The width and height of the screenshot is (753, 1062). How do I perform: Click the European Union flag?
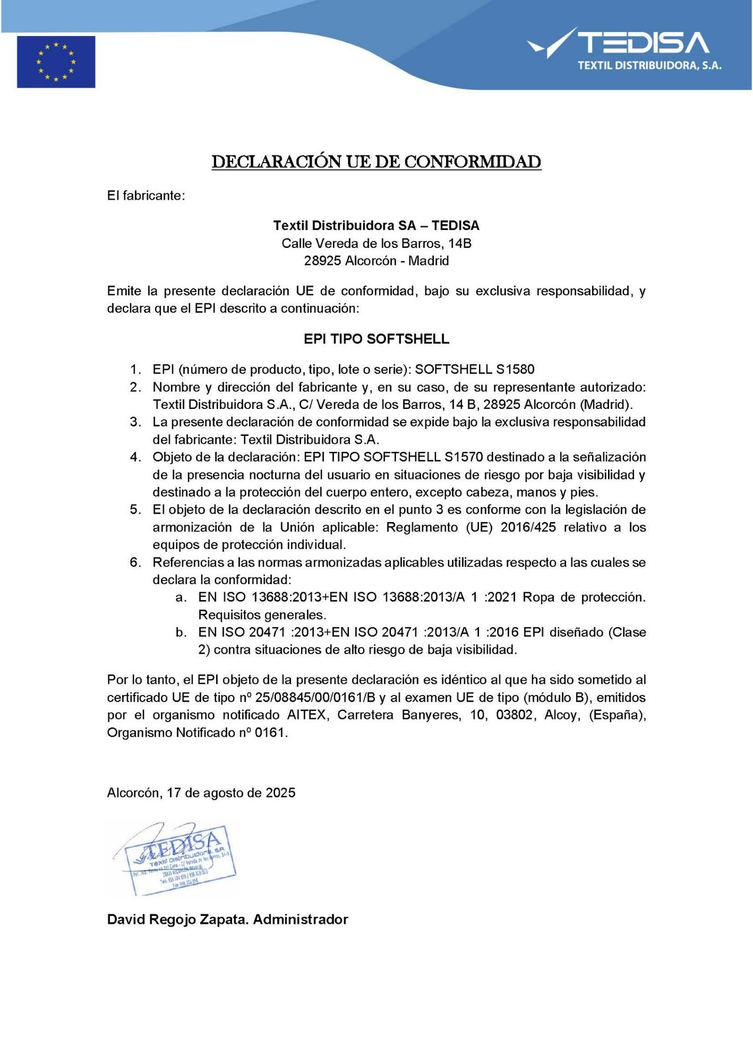point(56,62)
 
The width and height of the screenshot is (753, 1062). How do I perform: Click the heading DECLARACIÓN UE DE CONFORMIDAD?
point(376,162)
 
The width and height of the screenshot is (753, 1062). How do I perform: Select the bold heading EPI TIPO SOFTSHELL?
point(376,339)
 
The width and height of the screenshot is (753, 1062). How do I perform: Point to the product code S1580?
point(515,369)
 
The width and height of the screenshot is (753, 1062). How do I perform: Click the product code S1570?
point(464,457)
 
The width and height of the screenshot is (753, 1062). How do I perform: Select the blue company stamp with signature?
point(176,858)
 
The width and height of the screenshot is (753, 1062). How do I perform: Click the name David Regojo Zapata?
point(178,919)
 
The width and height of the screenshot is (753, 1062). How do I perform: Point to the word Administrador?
point(301,919)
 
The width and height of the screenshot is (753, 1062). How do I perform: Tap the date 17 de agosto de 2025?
point(231,793)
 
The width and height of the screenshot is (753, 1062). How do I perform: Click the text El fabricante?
point(146,196)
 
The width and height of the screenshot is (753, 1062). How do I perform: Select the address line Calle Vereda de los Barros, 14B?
point(376,244)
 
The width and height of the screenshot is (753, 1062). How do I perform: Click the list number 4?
point(135,457)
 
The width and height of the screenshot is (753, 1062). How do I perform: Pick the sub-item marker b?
point(181,632)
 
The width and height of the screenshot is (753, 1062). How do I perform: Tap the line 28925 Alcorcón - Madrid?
point(376,261)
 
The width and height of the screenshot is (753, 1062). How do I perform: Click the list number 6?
point(135,563)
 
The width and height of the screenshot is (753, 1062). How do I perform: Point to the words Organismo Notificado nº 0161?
point(197,733)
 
